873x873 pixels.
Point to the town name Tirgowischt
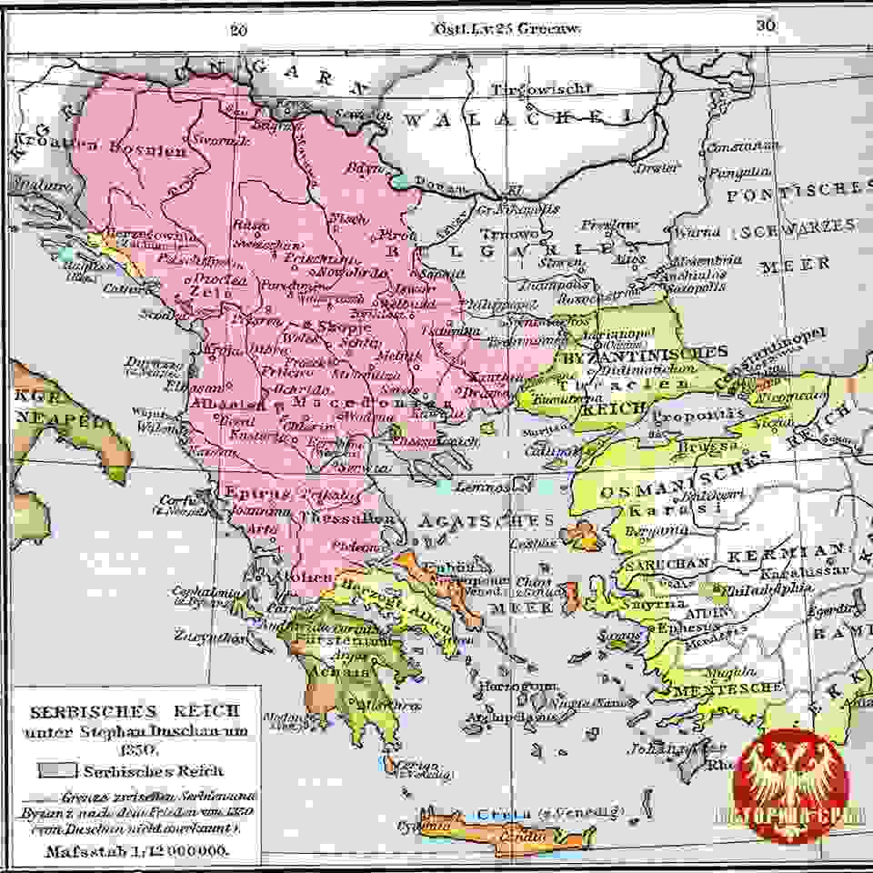(541, 89)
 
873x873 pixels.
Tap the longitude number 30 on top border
(766, 26)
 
